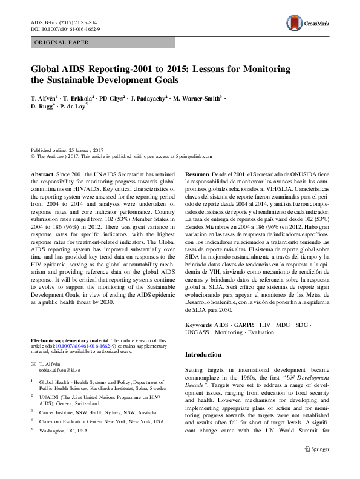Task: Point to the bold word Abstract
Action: click(x=41, y=173)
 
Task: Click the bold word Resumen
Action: click(x=197, y=173)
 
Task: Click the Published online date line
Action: click(x=67, y=149)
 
